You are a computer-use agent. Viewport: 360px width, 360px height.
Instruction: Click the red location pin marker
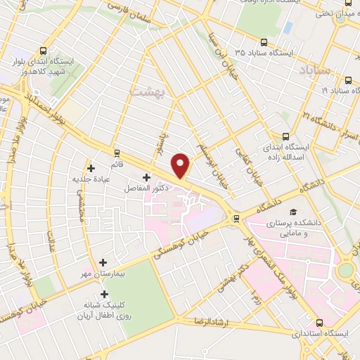(x=181, y=165)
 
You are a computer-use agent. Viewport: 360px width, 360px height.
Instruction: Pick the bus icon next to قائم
(x=117, y=153)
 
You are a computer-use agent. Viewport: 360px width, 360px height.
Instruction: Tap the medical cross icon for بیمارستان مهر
(x=103, y=262)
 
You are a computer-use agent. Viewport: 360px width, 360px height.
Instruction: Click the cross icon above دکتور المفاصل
(x=146, y=176)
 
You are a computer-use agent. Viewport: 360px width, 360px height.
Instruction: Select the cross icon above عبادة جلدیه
(x=91, y=167)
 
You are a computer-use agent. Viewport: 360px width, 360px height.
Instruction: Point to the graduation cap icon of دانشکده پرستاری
(x=291, y=212)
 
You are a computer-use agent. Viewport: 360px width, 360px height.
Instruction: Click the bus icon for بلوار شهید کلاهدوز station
(x=44, y=51)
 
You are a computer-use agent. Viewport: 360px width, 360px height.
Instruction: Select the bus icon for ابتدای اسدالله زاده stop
(x=285, y=136)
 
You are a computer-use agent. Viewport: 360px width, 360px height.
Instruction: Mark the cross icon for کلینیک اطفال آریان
(x=105, y=295)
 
